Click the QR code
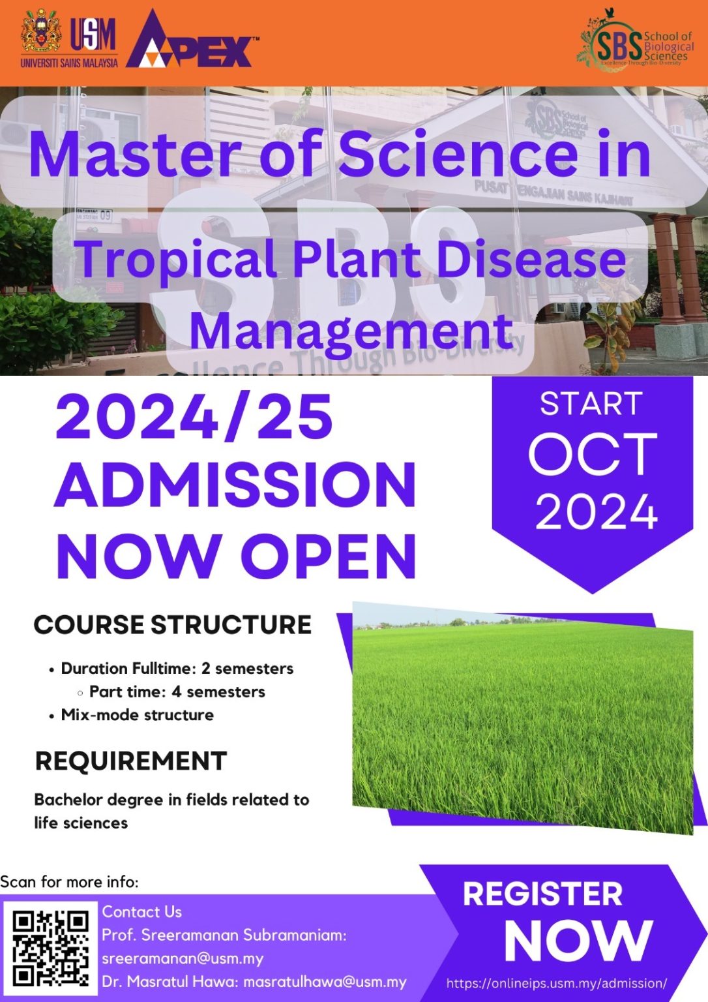pyautogui.click(x=50, y=947)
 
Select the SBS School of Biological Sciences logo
pyautogui.click(x=636, y=42)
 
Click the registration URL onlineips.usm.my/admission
pyautogui.click(x=556, y=983)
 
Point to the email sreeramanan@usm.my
pyautogui.click(x=183, y=958)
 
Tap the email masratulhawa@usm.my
pyautogui.click(x=325, y=982)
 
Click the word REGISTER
pyautogui.click(x=542, y=894)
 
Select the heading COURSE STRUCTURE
pyautogui.click(x=172, y=624)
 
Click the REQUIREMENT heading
pyautogui.click(x=130, y=761)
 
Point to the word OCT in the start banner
pyautogui.click(x=592, y=455)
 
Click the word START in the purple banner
pyautogui.click(x=591, y=403)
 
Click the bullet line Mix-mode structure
pyautogui.click(x=137, y=715)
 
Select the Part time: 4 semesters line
pyautogui.click(x=177, y=691)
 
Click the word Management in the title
pyautogui.click(x=351, y=330)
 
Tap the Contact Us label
pyautogui.click(x=141, y=911)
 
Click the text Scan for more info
pyautogui.click(x=69, y=882)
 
